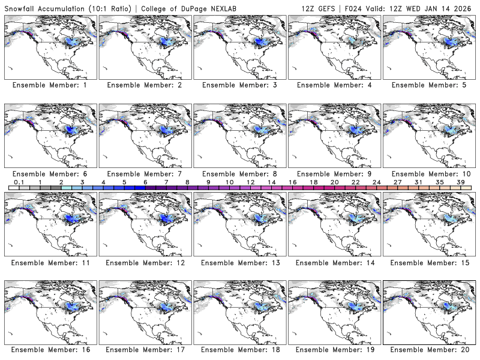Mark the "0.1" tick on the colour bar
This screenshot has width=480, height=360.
[x=19, y=182]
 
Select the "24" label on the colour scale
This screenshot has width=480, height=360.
[x=376, y=182]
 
